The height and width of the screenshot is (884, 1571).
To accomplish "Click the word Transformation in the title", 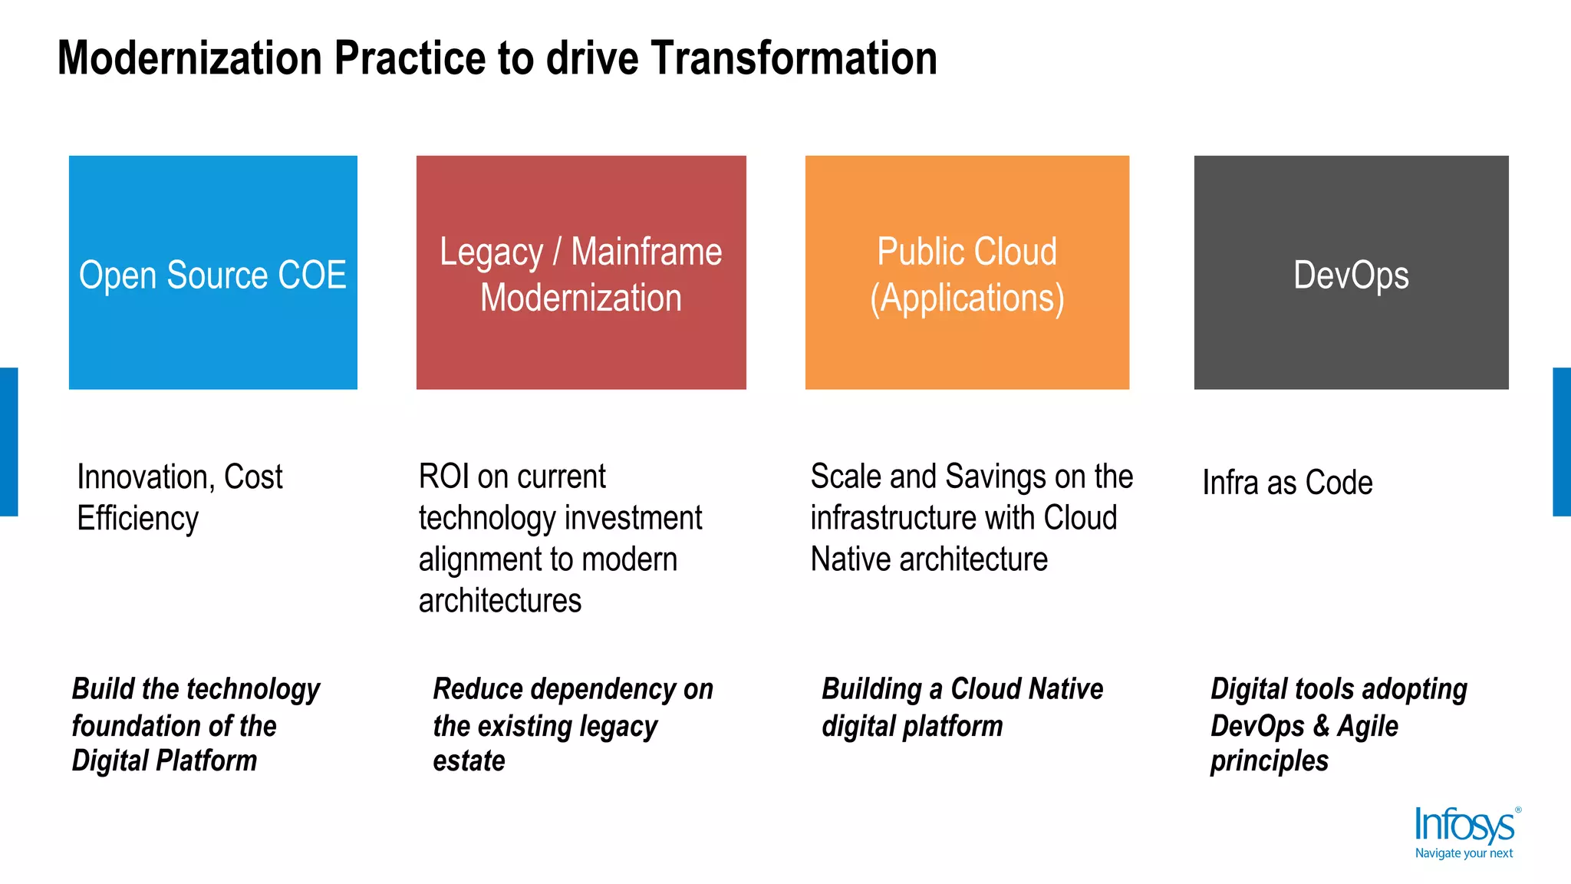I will (x=794, y=58).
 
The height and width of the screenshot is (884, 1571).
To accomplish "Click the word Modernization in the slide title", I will (x=190, y=58).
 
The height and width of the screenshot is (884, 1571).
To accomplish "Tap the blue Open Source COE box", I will (x=213, y=272).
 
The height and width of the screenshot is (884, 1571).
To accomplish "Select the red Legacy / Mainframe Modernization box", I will (x=581, y=272).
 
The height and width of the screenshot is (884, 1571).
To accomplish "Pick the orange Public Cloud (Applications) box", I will (x=967, y=272).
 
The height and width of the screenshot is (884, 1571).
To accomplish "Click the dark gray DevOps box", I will (x=1351, y=272).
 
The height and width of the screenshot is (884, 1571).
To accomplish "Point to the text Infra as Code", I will (x=1287, y=483).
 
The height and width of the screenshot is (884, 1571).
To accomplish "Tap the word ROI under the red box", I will (x=443, y=477).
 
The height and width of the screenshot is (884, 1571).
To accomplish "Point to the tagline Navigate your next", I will (x=1464, y=853).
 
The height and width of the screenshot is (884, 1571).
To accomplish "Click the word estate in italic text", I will (x=469, y=761).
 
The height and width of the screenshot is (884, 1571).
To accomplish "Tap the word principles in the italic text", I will (x=1269, y=761).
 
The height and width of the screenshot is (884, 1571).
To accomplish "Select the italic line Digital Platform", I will (x=164, y=761).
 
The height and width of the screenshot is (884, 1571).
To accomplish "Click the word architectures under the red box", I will (x=500, y=601).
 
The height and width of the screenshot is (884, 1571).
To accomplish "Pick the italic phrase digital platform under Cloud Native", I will (x=912, y=726).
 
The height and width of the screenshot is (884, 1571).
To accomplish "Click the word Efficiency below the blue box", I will (x=138, y=519).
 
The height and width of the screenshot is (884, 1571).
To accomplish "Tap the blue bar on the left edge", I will (x=8, y=442).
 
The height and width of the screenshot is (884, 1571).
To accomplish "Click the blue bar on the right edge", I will (x=1562, y=442).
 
